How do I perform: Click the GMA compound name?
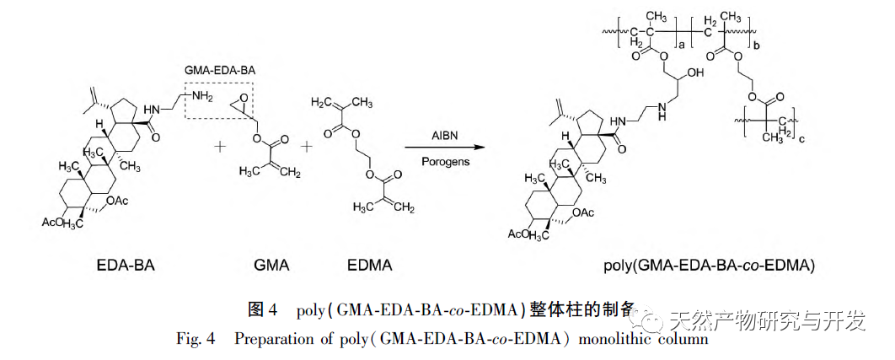(271, 266)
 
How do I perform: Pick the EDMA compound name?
(370, 266)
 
